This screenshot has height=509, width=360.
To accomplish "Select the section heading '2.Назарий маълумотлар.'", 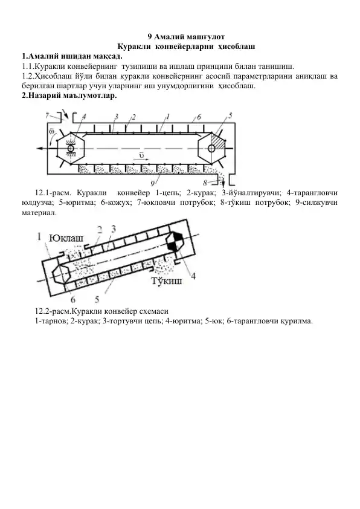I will click(x=68, y=96).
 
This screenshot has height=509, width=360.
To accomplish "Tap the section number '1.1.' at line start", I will click(x=27, y=66).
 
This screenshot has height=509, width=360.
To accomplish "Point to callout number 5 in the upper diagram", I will click(x=230, y=115).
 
